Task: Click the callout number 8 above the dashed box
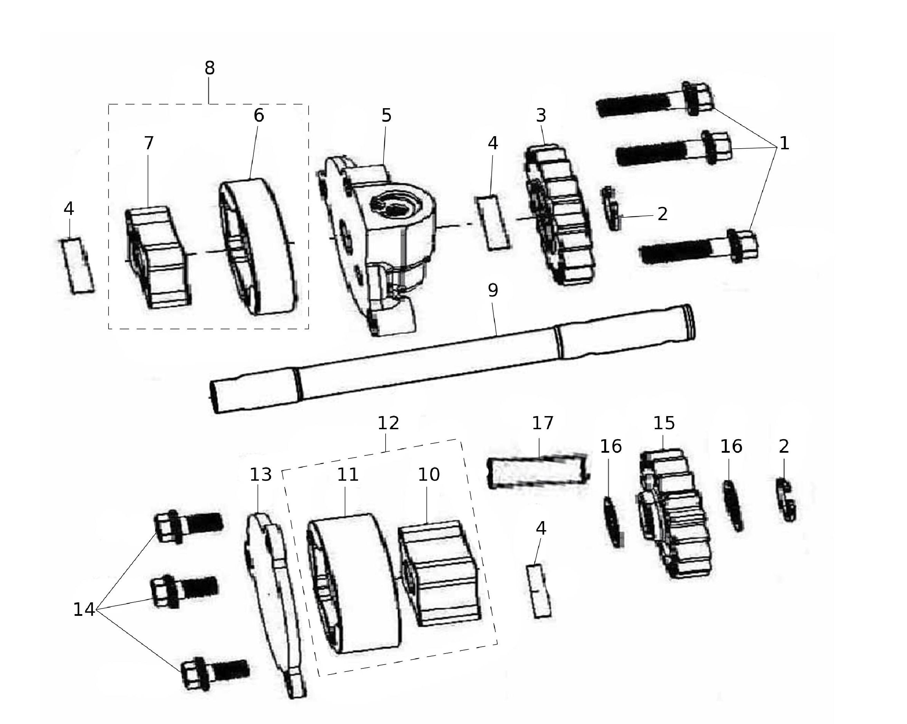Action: click(x=209, y=68)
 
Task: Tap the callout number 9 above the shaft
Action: click(x=493, y=290)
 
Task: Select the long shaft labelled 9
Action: click(x=452, y=358)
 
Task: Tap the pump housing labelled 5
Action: click(x=377, y=246)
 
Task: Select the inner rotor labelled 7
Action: click(x=158, y=257)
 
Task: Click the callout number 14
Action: click(x=84, y=610)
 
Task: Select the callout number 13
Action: click(x=261, y=475)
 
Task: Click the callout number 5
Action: click(x=386, y=115)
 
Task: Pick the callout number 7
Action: click(x=149, y=143)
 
